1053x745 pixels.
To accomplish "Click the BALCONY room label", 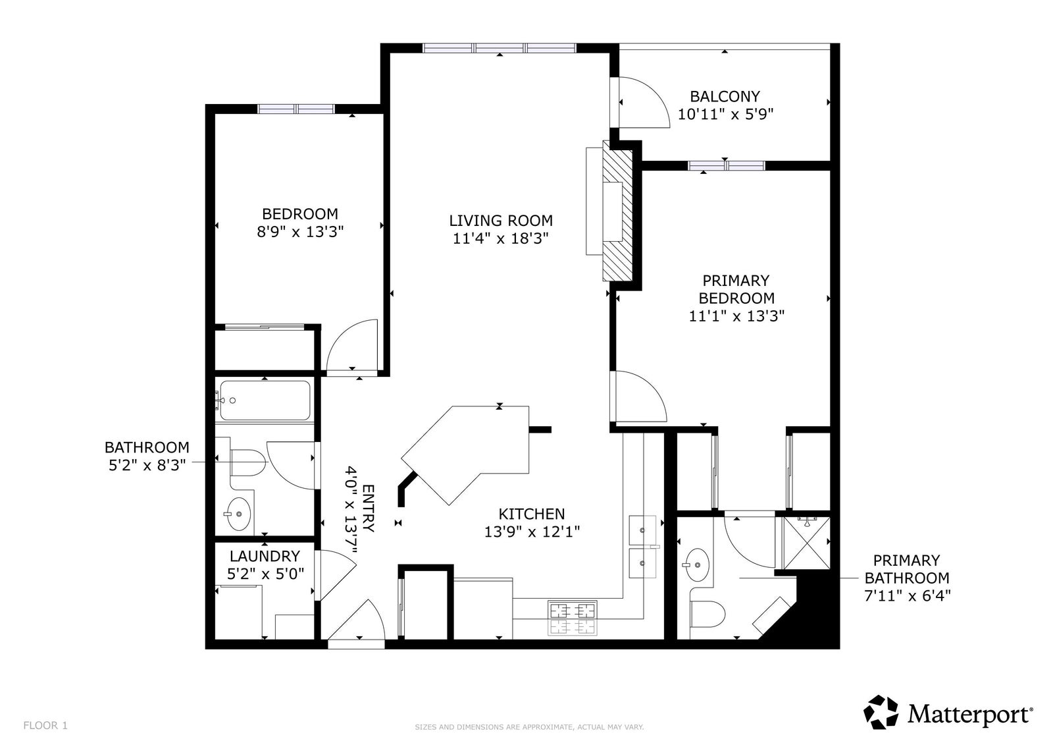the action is click(725, 96).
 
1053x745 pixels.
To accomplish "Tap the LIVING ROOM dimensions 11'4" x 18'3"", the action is click(501, 238).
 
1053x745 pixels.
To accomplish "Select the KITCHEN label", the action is click(532, 514).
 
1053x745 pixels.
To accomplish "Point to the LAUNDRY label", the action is click(265, 556).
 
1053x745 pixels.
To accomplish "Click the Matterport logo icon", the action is click(881, 713).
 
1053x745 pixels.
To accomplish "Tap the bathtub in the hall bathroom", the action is click(265, 400).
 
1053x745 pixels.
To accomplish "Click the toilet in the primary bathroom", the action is click(708, 614).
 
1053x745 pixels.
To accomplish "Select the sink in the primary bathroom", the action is click(696, 565).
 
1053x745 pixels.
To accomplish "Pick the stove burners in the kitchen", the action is click(573, 618).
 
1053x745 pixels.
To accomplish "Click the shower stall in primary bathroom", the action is click(807, 543).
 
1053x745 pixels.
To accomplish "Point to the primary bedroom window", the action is click(727, 165).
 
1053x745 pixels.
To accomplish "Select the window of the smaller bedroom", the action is click(296, 109).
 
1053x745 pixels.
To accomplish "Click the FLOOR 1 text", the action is click(45, 726).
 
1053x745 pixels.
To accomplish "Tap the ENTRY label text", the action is click(369, 509).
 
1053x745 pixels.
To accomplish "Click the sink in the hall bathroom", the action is click(238, 514).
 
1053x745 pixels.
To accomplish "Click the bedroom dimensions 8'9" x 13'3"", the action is click(300, 232).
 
